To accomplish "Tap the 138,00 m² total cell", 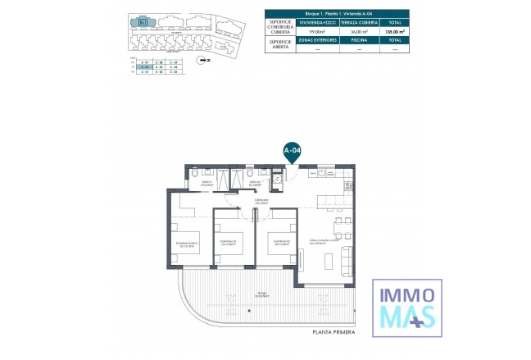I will click(395, 32).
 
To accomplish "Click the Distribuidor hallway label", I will click(261, 202).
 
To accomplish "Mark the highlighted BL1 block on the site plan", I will click(145, 23).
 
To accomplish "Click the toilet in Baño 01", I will click(193, 173).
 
